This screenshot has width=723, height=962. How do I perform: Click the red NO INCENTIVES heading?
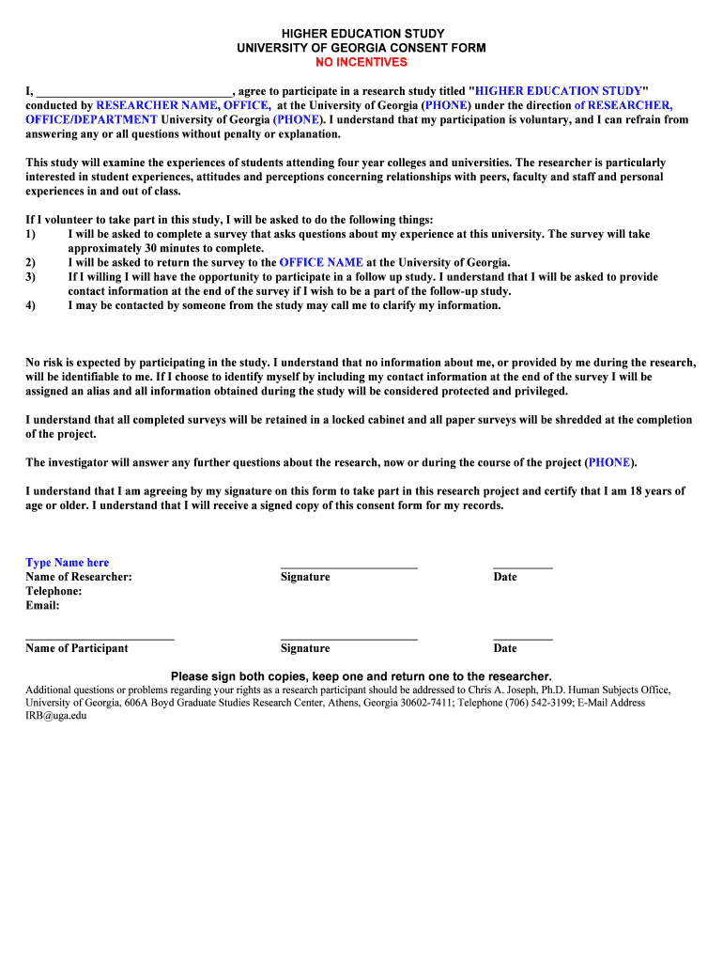click(361, 62)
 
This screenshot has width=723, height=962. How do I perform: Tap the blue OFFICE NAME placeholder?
click(320, 263)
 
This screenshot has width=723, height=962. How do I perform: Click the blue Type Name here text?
click(67, 563)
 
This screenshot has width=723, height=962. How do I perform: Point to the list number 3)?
click(31, 277)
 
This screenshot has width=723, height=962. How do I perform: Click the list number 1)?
click(31, 234)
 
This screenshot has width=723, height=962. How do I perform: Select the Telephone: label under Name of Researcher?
click(54, 591)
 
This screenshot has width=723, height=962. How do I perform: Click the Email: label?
click(42, 606)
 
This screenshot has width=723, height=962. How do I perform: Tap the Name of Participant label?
click(77, 648)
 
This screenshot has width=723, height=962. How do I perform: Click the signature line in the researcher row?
click(348, 567)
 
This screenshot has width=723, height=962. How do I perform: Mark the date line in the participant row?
click(522, 640)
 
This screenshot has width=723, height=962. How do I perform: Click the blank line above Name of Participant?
click(100, 640)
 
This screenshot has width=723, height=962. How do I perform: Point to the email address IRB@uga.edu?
click(55, 715)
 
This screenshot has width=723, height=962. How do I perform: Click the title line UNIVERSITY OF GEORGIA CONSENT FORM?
click(361, 48)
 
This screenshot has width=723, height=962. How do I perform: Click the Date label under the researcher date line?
click(505, 577)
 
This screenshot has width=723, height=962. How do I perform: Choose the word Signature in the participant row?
click(305, 648)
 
